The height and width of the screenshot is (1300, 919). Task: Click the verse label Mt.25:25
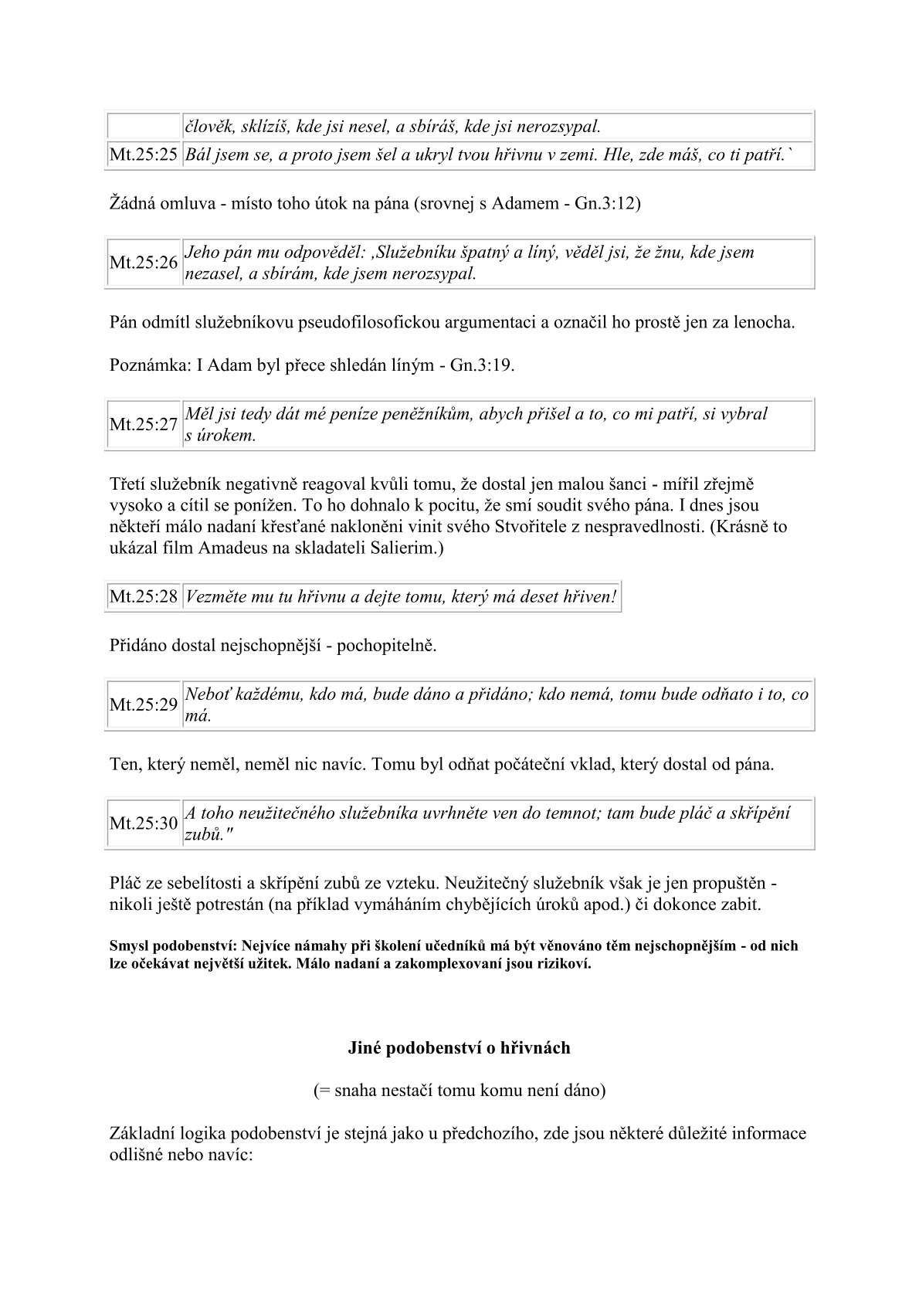[144, 155]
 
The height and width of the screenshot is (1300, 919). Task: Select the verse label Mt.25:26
[144, 263]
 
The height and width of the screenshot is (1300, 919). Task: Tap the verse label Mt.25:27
[144, 424]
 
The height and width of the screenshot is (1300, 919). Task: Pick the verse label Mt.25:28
[144, 597]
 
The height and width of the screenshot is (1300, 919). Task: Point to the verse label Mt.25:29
[144, 704]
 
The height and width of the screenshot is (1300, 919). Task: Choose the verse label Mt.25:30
[144, 823]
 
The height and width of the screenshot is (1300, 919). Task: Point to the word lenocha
[761, 322]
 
